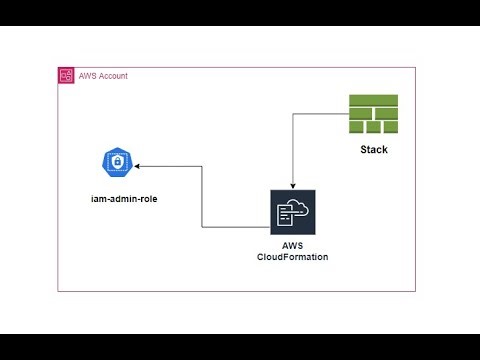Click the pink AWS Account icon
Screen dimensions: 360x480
coord(65,76)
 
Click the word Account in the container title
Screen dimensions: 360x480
coord(111,76)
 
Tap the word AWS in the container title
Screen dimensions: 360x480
coord(87,76)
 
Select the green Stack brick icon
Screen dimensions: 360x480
coord(373,116)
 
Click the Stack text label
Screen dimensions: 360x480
coord(373,150)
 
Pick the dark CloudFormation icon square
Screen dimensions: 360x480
coord(292,212)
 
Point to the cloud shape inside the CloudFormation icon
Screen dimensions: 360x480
coord(297,207)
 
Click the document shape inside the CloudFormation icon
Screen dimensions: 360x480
coord(284,216)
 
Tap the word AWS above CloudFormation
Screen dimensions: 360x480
coord(292,246)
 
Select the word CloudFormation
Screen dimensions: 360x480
coord(292,258)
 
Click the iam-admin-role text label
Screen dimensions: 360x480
coord(117,199)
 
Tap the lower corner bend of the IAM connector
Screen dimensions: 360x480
coord(203,227)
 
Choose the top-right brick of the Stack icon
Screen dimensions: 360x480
coord(389,100)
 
